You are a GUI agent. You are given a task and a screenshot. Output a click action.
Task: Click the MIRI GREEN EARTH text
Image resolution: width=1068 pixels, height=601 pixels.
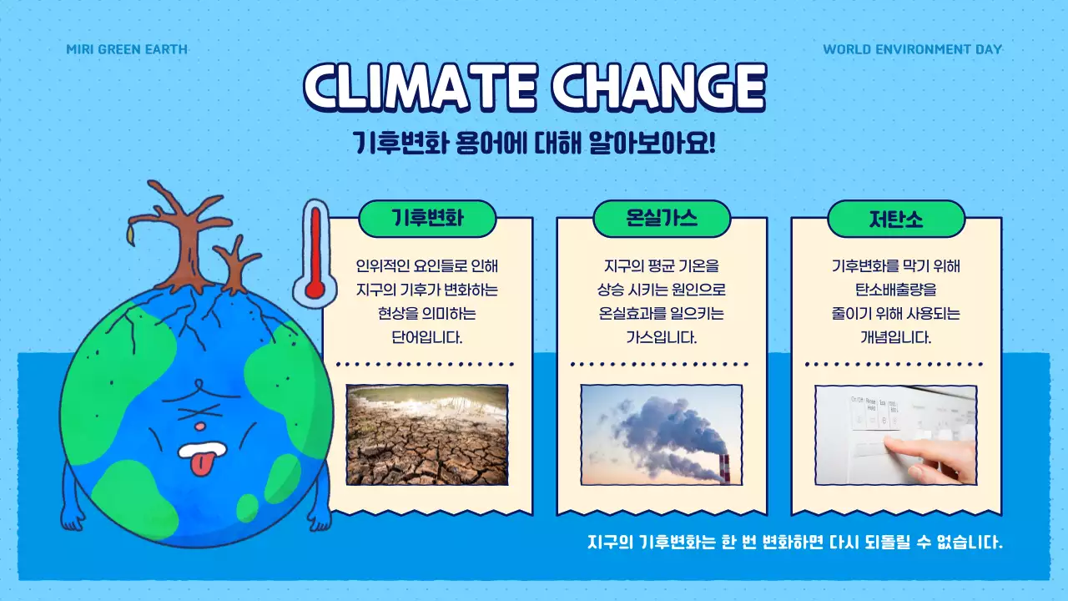tap(127, 49)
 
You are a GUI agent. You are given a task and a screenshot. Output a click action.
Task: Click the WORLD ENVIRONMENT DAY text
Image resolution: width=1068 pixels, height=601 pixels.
tap(912, 49)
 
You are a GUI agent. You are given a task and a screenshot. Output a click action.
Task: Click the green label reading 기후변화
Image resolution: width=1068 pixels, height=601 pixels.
tap(427, 219)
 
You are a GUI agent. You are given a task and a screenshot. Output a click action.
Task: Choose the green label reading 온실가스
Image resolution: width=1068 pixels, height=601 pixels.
tap(662, 219)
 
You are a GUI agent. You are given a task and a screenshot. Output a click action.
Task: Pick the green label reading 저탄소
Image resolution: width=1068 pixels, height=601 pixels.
tap(896, 219)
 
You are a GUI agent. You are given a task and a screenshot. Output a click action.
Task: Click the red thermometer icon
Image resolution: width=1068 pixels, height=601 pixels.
tap(315, 253)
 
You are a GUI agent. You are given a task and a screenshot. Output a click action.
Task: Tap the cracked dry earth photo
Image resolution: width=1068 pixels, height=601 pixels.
tap(426, 434)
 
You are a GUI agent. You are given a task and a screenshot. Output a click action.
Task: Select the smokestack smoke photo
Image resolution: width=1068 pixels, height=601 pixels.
tap(661, 434)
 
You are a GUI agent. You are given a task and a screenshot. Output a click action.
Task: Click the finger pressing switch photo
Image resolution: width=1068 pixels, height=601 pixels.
tap(895, 434)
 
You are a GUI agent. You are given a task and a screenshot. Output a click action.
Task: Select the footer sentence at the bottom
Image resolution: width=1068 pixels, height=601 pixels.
tap(794, 542)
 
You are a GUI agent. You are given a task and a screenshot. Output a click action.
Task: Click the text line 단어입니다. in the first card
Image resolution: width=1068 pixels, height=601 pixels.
tap(426, 338)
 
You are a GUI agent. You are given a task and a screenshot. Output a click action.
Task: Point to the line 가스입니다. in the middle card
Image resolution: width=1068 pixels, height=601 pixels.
tap(661, 338)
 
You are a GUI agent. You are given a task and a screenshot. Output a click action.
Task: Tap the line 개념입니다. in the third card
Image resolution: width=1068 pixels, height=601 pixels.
tap(895, 338)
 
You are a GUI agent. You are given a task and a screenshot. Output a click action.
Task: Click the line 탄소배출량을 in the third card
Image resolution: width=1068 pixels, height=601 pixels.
tap(895, 290)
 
